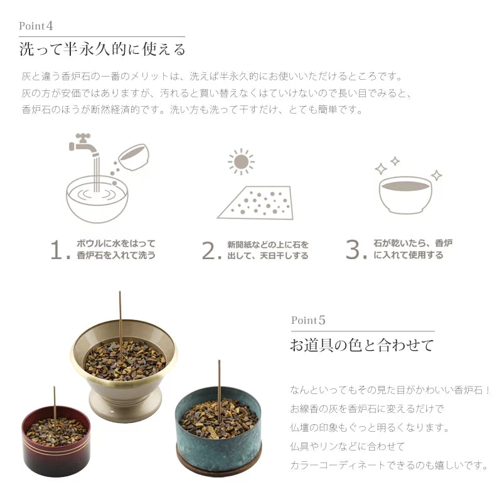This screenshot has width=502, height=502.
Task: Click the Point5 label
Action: pos(308,320)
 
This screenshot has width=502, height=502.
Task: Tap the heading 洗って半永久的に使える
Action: pos(102,49)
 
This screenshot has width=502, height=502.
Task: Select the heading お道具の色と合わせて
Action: pos(361,345)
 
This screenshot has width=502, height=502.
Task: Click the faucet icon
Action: pos(83,143)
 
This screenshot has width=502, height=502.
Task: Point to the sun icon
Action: pos(240,162)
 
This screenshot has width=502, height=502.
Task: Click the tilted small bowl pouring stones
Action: pos(132,157)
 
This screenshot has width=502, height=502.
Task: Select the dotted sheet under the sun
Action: pos(257,202)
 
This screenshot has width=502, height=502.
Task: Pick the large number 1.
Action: pos(58,250)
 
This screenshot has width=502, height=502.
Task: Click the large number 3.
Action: pos(355,250)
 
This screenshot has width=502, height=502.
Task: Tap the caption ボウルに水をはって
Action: pos(116,243)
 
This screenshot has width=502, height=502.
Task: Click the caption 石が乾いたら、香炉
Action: pos(413,243)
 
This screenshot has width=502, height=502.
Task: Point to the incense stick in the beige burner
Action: pos(120,320)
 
